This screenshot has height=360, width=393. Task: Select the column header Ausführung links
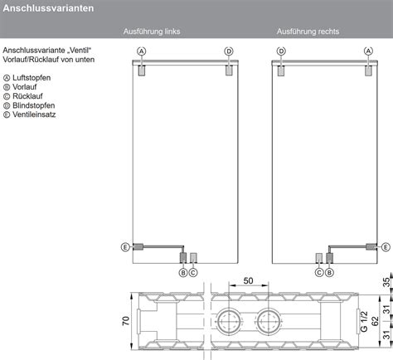point(152,32)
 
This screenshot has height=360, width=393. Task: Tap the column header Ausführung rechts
point(308,32)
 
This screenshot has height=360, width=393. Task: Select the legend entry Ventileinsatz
point(32,114)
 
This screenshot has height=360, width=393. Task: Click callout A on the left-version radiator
point(142,51)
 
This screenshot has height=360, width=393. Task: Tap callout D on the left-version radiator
point(229,51)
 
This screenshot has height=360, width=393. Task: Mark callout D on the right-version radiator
point(281,51)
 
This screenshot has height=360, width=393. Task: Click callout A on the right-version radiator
point(368,51)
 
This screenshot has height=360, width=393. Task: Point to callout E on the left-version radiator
point(124,246)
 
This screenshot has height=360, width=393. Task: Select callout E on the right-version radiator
point(385,246)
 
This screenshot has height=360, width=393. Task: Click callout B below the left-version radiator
point(183,272)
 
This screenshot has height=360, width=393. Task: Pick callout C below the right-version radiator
point(318,272)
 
